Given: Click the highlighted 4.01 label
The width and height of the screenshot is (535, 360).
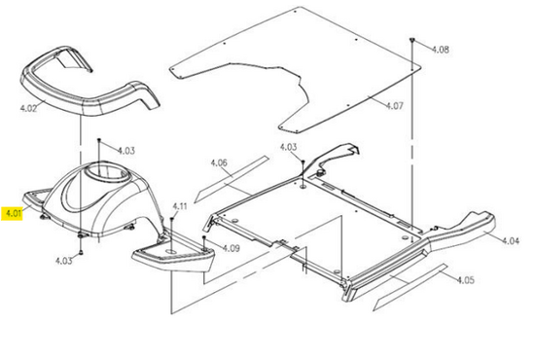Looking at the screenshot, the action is [x=13, y=214].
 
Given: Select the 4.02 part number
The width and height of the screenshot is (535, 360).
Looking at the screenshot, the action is [x=28, y=109].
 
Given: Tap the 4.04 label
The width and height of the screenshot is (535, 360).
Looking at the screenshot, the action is [x=511, y=241].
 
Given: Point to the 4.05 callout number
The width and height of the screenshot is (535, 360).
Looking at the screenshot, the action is [x=466, y=280].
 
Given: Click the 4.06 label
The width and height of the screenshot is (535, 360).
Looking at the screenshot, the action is [x=219, y=162].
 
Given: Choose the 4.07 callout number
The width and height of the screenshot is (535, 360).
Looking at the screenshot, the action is [x=395, y=106].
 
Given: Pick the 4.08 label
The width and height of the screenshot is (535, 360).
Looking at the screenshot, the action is [x=441, y=50].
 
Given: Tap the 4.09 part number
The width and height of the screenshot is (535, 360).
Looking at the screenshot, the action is [x=232, y=248].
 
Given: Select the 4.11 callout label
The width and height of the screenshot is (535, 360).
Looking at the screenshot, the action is [x=180, y=206].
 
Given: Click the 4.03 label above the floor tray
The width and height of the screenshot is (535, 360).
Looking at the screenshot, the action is [x=289, y=147].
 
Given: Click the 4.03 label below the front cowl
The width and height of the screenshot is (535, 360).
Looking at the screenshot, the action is [x=64, y=261].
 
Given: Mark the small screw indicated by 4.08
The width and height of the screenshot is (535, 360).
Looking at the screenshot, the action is [x=412, y=41].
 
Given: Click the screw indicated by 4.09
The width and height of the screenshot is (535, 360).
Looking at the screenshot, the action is [x=204, y=237].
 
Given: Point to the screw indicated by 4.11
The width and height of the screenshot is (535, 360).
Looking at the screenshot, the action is [x=172, y=219].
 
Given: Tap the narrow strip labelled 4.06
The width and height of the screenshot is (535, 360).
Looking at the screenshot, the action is [x=232, y=179].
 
